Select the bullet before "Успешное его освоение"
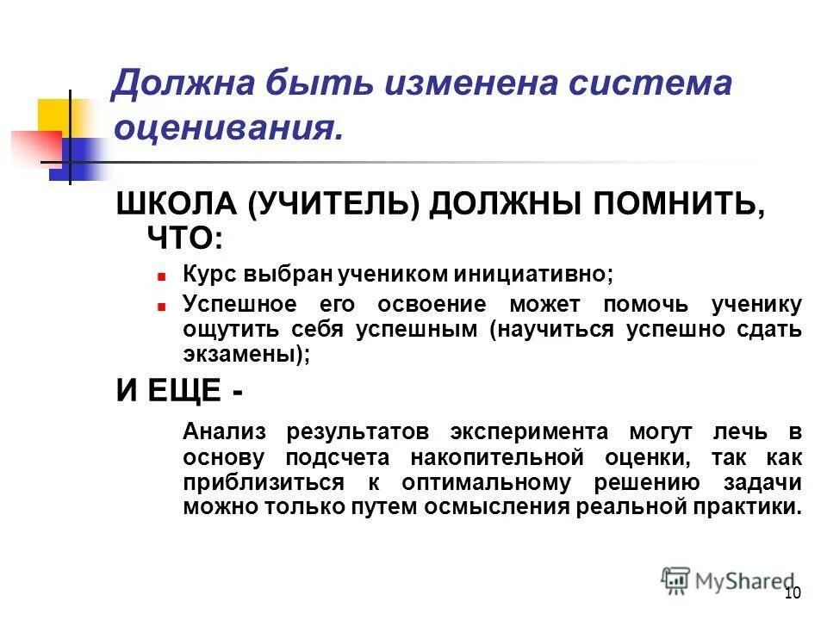[161, 306]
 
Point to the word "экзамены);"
[246, 353]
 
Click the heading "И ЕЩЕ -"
[179, 390]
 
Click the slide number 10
[793, 592]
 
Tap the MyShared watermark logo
[728, 580]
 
